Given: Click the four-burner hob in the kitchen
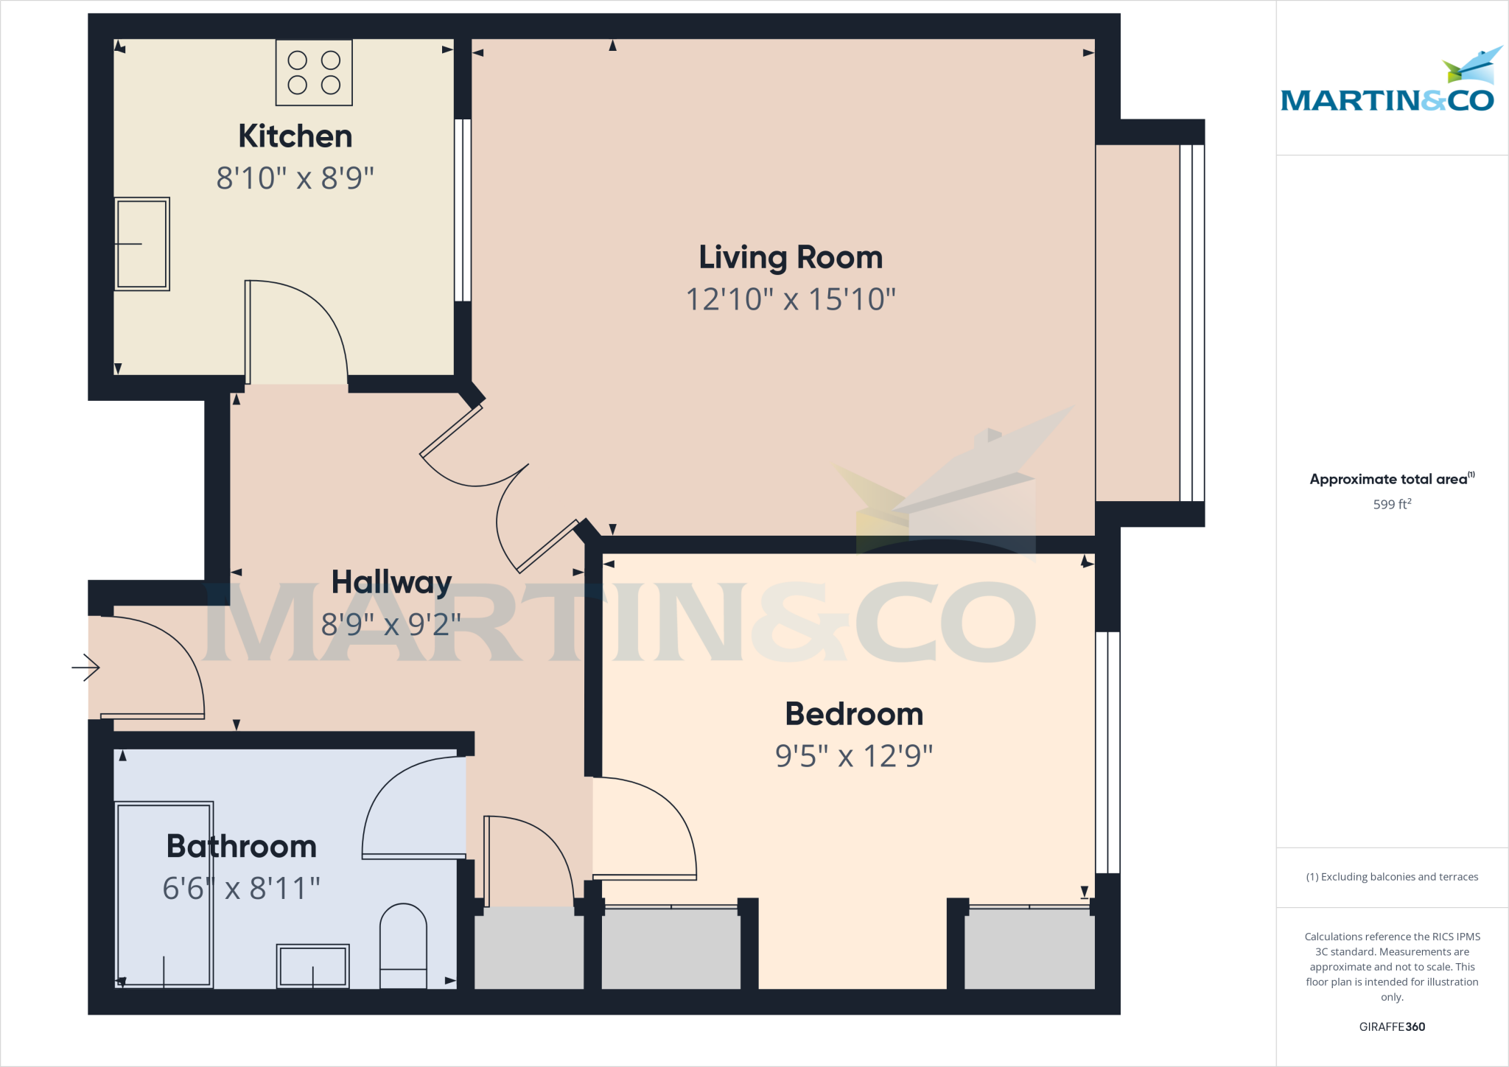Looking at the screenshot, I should [314, 72].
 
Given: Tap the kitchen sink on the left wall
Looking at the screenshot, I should [142, 244].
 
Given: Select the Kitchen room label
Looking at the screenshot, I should [295, 136].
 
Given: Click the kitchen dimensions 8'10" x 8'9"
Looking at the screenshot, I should [295, 178].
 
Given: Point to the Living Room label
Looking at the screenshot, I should [791, 258].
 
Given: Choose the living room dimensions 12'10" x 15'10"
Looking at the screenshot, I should [791, 300].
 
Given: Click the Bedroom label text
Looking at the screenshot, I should [854, 714].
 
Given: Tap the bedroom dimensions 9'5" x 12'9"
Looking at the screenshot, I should [854, 756].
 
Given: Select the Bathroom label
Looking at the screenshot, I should [242, 847].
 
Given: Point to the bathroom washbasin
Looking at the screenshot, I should [312, 965].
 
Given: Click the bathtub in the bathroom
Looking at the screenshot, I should [164, 895].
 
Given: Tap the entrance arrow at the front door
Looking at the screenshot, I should [86, 668].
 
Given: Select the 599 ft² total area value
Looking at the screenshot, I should [1392, 505].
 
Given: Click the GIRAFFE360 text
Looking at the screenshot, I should [1392, 1026].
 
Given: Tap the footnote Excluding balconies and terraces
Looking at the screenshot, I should [1392, 877].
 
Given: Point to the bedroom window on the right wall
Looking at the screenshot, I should [1107, 752].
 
